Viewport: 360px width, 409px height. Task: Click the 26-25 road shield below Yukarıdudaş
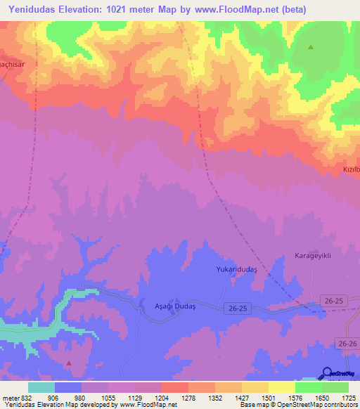coord(238,308)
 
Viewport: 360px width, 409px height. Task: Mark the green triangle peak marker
coord(311,47)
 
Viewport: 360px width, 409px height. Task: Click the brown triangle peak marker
coord(69,363)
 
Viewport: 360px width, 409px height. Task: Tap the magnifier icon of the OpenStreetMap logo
coord(328,372)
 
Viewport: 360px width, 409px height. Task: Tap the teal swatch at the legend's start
coord(41,387)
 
